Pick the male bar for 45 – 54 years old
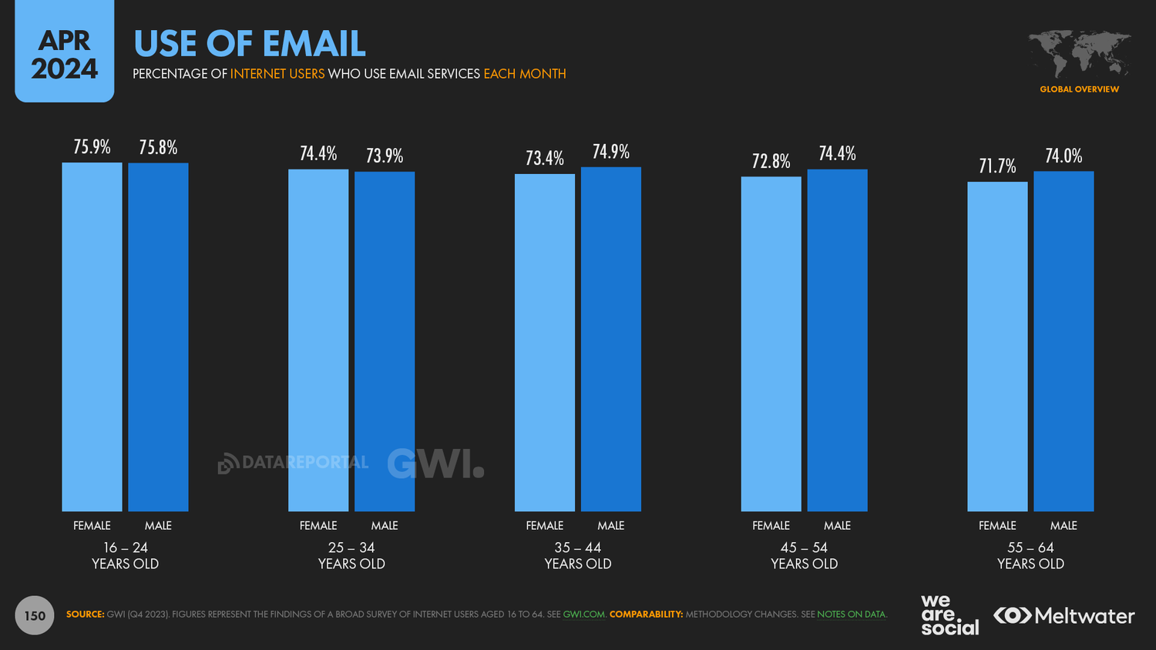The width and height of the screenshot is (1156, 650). point(837,340)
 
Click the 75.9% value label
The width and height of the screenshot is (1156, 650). point(92,147)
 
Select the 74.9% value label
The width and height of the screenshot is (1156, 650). point(611,152)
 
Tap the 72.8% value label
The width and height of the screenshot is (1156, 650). point(771,161)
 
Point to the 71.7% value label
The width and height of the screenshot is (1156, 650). point(997,166)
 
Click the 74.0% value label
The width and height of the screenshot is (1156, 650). point(1064,156)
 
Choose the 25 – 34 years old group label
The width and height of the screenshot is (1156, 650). point(351,555)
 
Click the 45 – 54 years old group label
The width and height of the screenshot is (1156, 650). point(804,555)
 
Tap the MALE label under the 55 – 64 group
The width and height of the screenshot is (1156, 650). point(1064,525)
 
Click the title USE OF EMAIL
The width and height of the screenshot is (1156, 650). point(250,44)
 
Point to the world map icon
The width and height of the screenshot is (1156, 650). point(1080,54)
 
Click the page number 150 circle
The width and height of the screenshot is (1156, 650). point(35,615)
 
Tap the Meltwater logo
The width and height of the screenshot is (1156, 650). point(1064,616)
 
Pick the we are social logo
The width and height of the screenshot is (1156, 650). point(949,615)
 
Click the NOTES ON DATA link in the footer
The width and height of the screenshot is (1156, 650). point(851,615)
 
